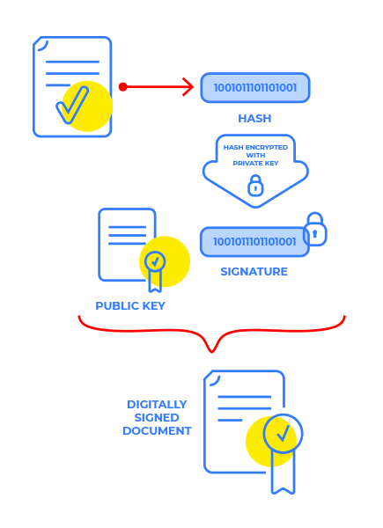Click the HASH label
coord(254,118)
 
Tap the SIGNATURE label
coord(254,272)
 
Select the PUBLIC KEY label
coord(130,306)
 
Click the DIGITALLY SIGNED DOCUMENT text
coord(157,418)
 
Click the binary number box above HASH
coord(255,88)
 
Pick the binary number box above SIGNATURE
coord(254,241)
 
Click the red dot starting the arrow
coord(123,86)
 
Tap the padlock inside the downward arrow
coord(255,186)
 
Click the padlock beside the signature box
coord(314,230)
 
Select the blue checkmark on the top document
coord(73,105)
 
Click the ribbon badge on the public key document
coord(155,266)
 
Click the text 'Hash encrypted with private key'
coord(255,155)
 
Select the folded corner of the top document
coord(41,44)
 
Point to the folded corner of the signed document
coord(211,378)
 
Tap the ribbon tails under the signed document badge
coord(283,475)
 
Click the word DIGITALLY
coord(157,405)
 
